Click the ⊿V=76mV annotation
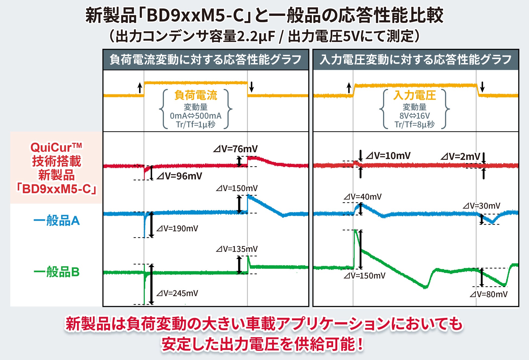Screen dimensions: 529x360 pyautogui.click(x=235, y=149)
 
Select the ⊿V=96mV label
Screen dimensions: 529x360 pyautogui.click(x=179, y=176)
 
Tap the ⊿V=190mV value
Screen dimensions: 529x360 pyautogui.click(x=177, y=229)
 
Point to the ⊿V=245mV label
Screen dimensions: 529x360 pyautogui.click(x=177, y=293)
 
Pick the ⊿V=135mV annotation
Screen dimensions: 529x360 pyautogui.click(x=237, y=249)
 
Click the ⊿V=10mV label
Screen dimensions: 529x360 pyautogui.click(x=388, y=156)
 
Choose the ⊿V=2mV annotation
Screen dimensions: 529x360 pyautogui.click(x=460, y=156)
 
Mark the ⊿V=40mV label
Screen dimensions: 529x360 pyautogui.click(x=362, y=197)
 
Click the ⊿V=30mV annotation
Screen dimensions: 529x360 pyautogui.click(x=481, y=206)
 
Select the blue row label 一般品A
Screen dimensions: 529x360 pyautogui.click(x=56, y=221)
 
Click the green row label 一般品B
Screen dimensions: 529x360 pyautogui.click(x=56, y=272)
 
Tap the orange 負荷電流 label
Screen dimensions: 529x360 pyautogui.click(x=196, y=95)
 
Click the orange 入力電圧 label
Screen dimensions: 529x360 pyautogui.click(x=415, y=95)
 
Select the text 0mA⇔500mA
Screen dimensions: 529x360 pyautogui.click(x=196, y=116)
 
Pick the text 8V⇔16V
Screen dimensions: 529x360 pyautogui.click(x=415, y=116)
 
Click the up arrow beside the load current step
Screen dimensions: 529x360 pyautogui.click(x=140, y=88)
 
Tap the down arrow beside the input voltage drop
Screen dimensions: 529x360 pyautogui.click(x=482, y=87)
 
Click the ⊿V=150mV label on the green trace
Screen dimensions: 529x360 pyautogui.click(x=364, y=276)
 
